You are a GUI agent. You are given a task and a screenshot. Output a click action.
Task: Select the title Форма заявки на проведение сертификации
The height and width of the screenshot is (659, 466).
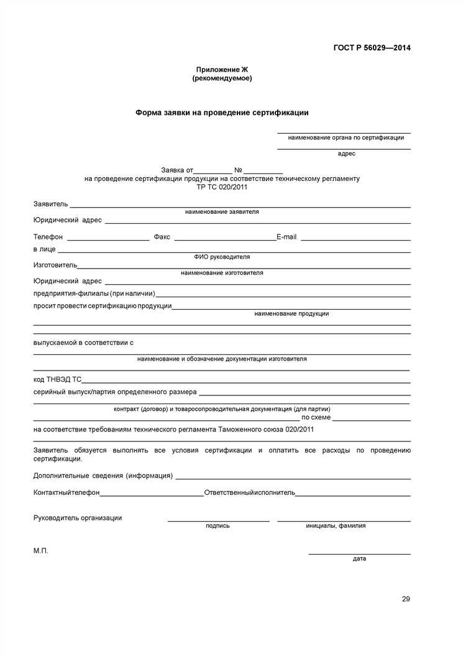222,113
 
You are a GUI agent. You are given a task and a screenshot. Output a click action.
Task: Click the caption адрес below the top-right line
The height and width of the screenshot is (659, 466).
347,153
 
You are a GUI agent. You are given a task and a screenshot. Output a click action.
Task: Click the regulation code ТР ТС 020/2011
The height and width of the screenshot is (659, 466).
222,187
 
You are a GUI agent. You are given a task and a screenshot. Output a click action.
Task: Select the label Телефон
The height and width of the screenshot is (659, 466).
48,237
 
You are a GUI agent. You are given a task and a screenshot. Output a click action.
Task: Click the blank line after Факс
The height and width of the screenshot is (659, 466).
225,239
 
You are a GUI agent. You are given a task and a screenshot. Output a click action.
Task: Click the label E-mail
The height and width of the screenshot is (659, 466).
286,237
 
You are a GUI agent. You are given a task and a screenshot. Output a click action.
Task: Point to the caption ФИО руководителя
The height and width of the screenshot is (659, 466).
222,257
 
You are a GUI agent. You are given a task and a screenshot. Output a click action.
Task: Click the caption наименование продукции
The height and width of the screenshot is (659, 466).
291,314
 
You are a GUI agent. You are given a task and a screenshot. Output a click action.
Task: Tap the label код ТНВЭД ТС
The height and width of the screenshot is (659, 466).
57,379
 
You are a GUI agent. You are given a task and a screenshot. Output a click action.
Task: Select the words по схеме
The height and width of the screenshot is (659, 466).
316,417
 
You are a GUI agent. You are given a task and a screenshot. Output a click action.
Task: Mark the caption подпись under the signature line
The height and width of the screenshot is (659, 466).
217,526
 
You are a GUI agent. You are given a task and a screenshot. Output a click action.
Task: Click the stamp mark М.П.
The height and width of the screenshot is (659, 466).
40,551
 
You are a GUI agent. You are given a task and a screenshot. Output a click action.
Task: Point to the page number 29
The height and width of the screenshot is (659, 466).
406,599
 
